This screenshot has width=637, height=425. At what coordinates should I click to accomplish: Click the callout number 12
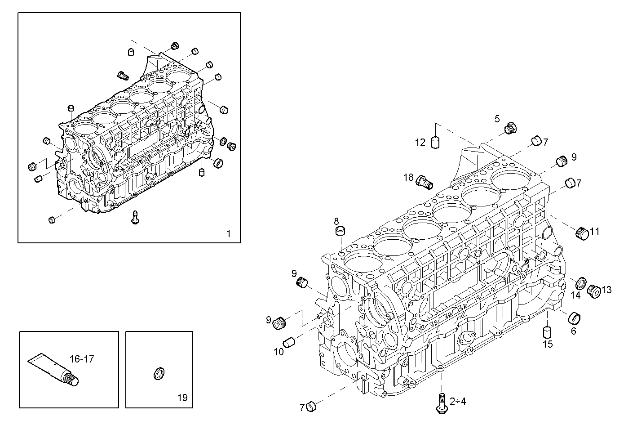(x=420, y=143)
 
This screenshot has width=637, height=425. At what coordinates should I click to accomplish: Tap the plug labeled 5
(x=510, y=128)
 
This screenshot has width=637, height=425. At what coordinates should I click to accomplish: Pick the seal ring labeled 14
(x=581, y=283)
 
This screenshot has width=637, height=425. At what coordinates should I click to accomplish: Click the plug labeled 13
(x=594, y=291)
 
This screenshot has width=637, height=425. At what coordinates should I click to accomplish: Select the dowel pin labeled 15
(x=547, y=333)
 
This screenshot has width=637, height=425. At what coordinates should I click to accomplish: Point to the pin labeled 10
(x=289, y=342)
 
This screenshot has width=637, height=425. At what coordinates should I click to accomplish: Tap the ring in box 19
(x=159, y=373)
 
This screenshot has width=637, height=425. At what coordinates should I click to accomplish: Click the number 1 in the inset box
(x=228, y=233)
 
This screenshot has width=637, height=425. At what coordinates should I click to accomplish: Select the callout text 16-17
(x=82, y=359)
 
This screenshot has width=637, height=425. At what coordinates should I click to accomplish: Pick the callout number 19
(x=182, y=398)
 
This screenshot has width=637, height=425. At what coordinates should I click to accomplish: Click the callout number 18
(x=408, y=178)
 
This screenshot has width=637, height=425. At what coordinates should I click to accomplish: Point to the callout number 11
(x=595, y=232)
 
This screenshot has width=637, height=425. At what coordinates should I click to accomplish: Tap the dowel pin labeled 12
(x=435, y=143)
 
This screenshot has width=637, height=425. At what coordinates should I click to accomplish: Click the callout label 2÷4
(x=458, y=401)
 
